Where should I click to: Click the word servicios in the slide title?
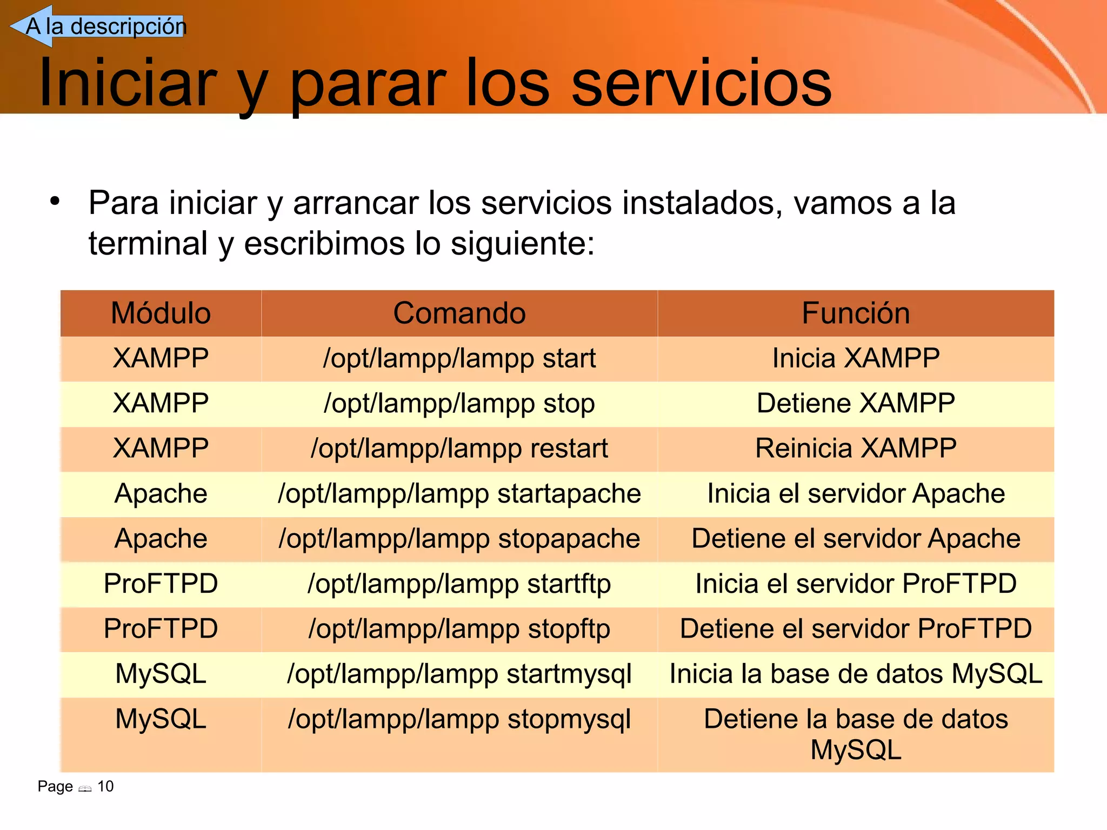[x=701, y=83]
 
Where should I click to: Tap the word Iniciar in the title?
[x=128, y=83]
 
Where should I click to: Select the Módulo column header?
[x=161, y=313]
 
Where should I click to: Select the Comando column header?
[x=459, y=313]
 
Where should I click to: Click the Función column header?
[x=856, y=313]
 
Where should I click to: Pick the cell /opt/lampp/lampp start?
[x=459, y=359]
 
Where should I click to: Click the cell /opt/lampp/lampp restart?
[x=459, y=449]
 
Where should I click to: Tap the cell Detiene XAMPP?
[x=856, y=404]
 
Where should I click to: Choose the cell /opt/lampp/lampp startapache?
[x=459, y=494]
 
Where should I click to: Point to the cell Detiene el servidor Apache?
[x=856, y=539]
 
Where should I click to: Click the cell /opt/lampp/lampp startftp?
[x=459, y=584]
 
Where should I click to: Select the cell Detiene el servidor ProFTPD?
[x=856, y=629]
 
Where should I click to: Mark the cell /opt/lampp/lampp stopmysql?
[x=459, y=720]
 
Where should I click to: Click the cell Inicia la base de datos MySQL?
[x=856, y=674]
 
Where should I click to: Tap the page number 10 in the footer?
[x=105, y=786]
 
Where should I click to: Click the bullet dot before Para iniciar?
[x=55, y=202]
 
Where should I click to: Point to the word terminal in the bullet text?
[x=148, y=243]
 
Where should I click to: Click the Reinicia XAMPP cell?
[x=856, y=449]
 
